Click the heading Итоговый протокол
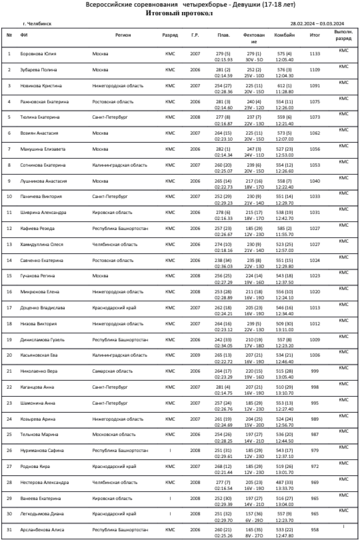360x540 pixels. (x=179, y=13)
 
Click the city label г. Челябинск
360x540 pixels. (x=37, y=24)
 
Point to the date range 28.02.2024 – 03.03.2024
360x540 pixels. (x=317, y=24)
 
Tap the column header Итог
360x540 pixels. (x=315, y=35)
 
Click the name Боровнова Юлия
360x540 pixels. (x=37, y=54)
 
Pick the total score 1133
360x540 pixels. (x=315, y=54)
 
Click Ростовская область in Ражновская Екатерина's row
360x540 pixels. (x=113, y=102)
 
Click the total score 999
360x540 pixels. (x=315, y=371)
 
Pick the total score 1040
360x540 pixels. (x=315, y=181)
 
